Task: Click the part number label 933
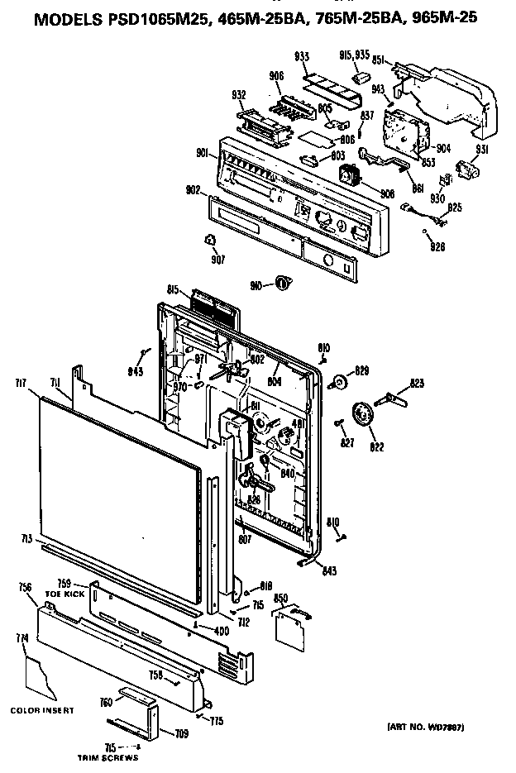tap(301, 58)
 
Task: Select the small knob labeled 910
tap(283, 284)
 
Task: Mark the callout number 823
tap(417, 383)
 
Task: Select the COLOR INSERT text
tap(42, 710)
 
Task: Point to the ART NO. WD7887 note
tap(425, 727)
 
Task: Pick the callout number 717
tap(21, 382)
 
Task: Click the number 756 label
tap(25, 586)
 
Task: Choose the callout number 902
tap(193, 189)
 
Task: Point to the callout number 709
tap(180, 732)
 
